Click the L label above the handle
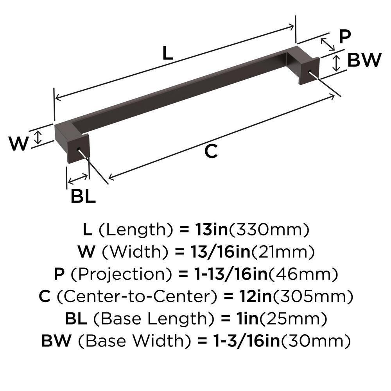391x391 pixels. (x=167, y=54)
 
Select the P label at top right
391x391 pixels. (x=344, y=37)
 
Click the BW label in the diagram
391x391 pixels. (x=364, y=61)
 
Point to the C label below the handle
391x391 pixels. (x=211, y=151)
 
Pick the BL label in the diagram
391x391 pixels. (x=83, y=197)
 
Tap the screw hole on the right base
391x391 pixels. (x=310, y=71)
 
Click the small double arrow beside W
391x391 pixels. (x=38, y=137)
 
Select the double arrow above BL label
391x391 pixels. (x=78, y=179)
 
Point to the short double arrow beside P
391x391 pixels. (x=328, y=44)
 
